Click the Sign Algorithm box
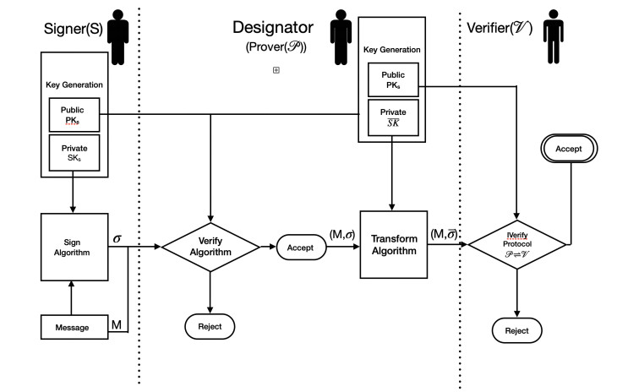coord(75,246)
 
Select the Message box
coord(74,327)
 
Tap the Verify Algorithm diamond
coord(210,246)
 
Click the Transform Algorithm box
coord(394,245)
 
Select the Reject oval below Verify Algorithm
coord(210,326)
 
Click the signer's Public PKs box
coord(74,113)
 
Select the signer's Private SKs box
coord(74,153)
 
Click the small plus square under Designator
coord(276,70)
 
